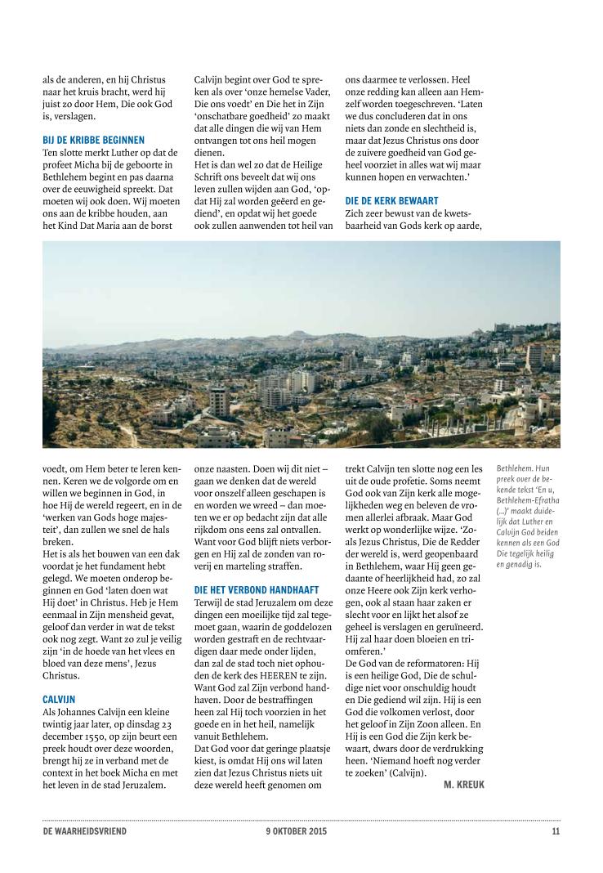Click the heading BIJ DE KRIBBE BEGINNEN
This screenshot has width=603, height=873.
click(x=93, y=140)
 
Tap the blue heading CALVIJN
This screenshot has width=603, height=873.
click(x=59, y=699)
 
